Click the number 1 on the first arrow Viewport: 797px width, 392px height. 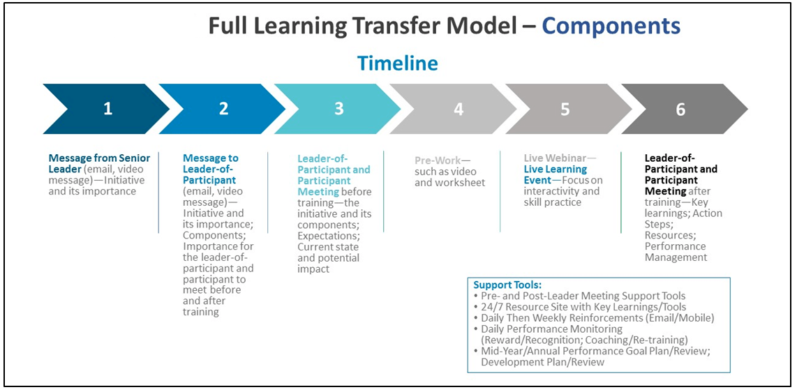pyautogui.click(x=107, y=110)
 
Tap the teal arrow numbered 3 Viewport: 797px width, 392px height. pyautogui.click(x=338, y=110)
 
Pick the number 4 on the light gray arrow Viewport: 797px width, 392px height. pyautogui.click(x=459, y=110)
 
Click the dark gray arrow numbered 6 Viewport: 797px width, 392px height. pyautogui.click(x=685, y=110)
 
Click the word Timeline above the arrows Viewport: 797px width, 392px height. pyautogui.click(x=397, y=63)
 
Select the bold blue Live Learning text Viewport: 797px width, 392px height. pyautogui.click(x=555, y=169)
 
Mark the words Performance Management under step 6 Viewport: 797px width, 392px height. pyautogui.click(x=676, y=252)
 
